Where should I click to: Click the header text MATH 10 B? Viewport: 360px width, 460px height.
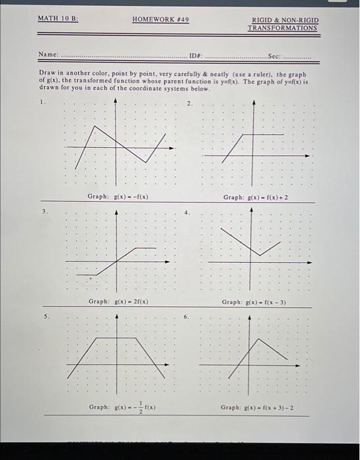click(58, 18)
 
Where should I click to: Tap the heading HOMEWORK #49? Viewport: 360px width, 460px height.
click(160, 20)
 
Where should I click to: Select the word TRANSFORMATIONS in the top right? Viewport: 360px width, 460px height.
click(282, 28)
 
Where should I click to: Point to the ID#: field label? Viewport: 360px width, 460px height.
click(196, 54)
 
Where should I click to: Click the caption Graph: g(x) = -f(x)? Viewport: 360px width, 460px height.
click(118, 196)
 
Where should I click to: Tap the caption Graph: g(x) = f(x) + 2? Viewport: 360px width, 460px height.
click(256, 196)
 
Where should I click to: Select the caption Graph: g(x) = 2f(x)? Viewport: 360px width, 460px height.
click(118, 301)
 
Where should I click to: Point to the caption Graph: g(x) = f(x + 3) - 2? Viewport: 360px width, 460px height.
click(257, 407)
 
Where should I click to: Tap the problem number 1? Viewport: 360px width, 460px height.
click(41, 103)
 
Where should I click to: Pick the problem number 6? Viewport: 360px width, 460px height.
click(186, 316)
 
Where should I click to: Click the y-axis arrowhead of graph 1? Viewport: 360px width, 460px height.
click(116, 102)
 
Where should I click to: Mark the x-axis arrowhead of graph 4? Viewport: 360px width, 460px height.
click(311, 262)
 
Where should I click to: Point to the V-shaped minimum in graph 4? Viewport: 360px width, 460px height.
click(260, 255)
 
